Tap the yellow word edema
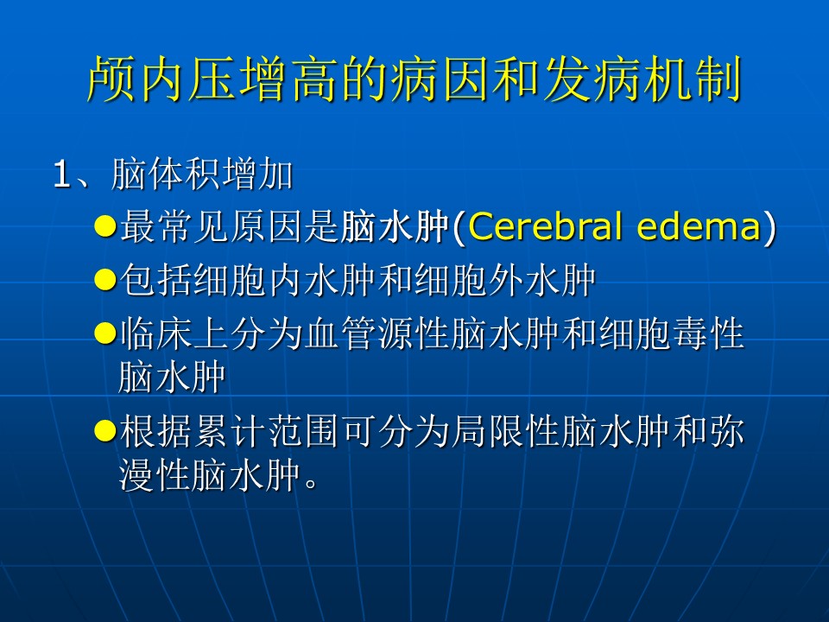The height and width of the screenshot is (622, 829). [698, 226]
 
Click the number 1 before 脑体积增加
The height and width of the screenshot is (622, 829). [61, 174]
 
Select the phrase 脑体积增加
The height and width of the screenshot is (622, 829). [202, 174]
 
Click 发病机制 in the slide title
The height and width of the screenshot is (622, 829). [642, 79]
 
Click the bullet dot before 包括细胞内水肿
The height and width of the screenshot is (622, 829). [105, 279]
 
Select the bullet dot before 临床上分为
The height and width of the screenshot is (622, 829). [105, 333]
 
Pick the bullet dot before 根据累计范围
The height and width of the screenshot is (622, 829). [105, 430]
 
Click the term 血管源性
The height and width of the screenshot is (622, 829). [378, 333]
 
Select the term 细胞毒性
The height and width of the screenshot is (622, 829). [672, 333]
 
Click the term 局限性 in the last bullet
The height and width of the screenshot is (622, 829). [506, 431]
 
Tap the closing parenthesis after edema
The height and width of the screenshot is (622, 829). [769, 227]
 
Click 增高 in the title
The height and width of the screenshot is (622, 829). [288, 79]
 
